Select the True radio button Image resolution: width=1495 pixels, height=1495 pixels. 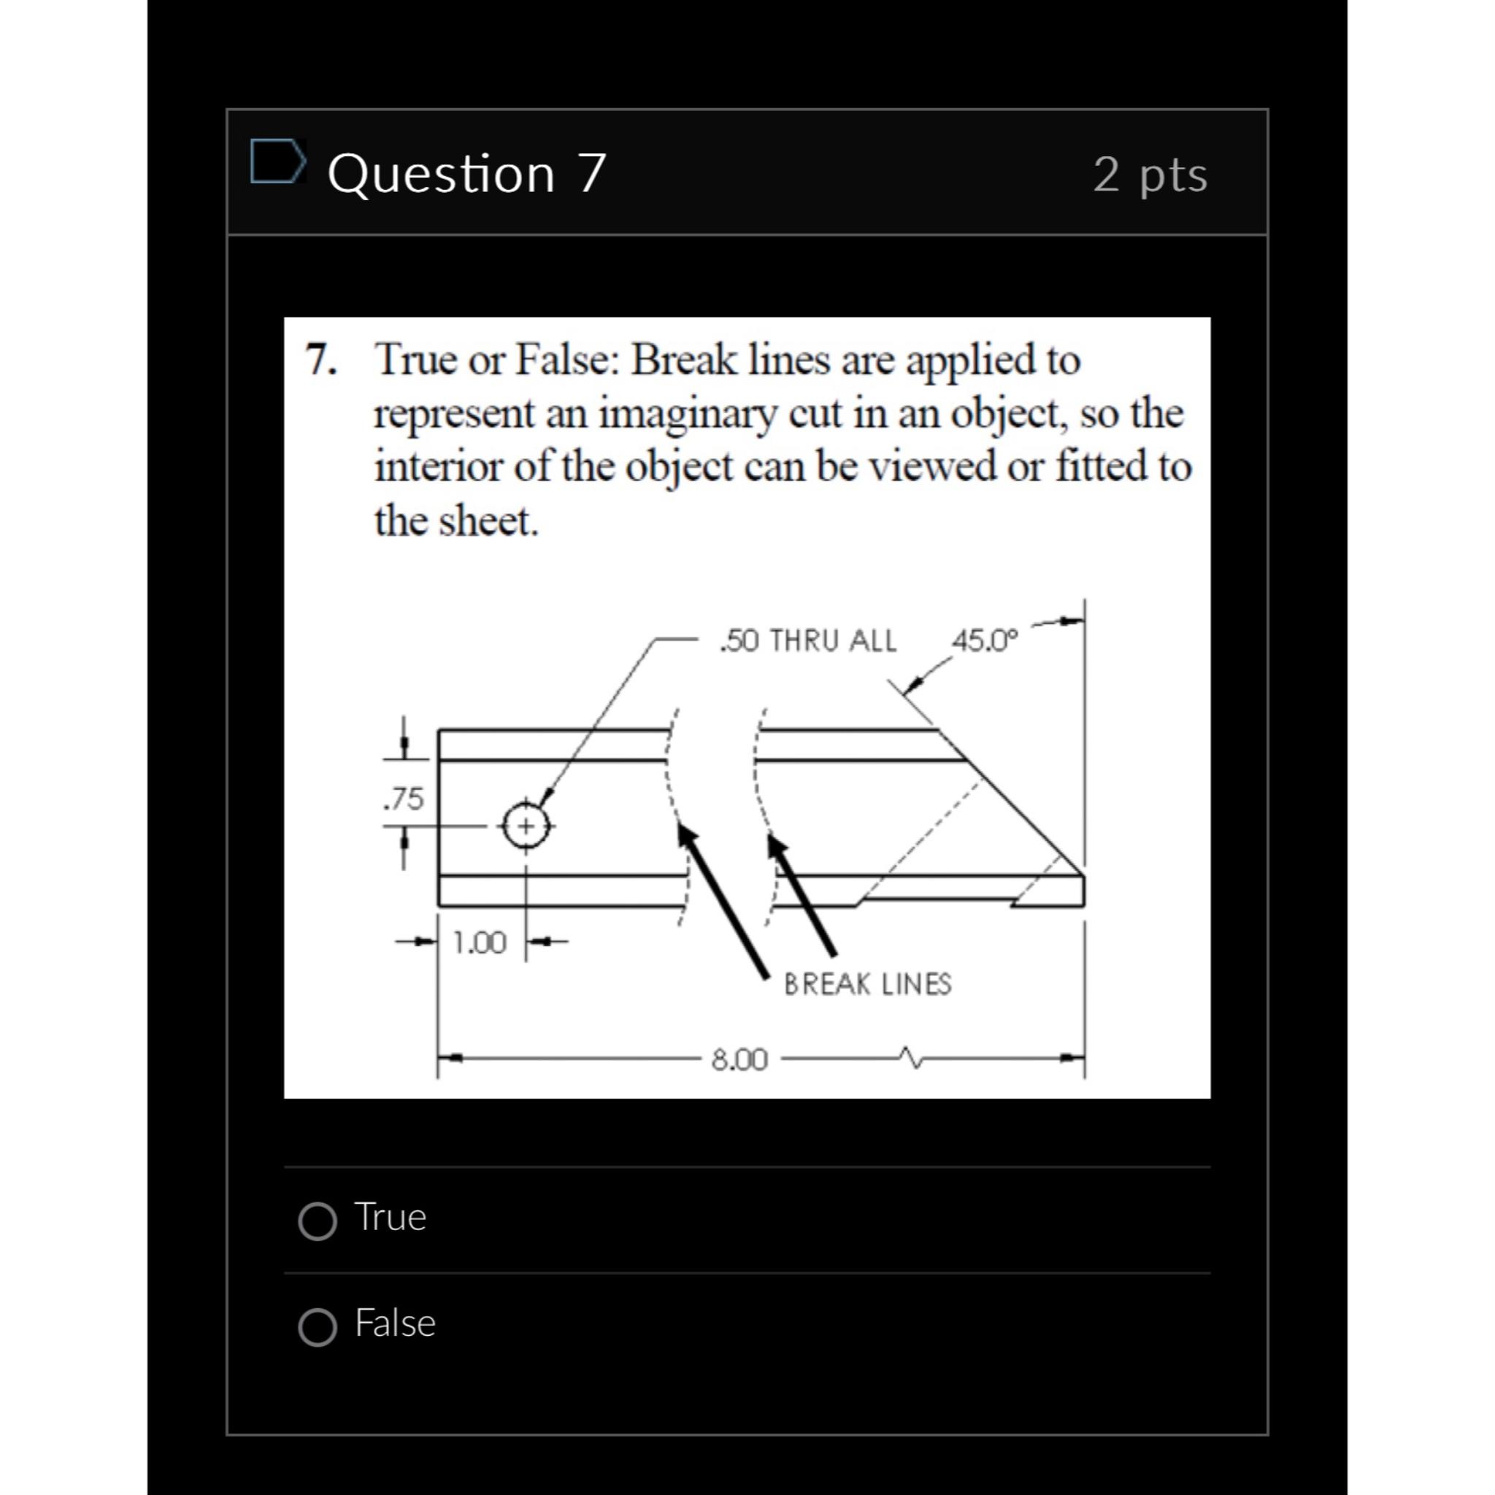(318, 1222)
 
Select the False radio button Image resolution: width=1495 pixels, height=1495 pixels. (318, 1328)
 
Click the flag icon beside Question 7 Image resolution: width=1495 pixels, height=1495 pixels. (276, 162)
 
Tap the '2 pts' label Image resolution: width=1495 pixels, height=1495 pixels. (1150, 174)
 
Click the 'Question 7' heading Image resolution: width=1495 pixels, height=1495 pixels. (466, 172)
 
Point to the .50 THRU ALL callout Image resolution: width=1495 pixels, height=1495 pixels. (808, 642)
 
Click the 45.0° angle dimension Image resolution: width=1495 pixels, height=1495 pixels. (985, 641)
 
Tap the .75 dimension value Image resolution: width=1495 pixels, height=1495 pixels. (404, 799)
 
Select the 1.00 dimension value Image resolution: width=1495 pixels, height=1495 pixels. (479, 942)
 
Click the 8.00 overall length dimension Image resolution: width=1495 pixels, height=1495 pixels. (739, 1059)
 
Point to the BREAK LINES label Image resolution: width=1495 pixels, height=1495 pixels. (867, 984)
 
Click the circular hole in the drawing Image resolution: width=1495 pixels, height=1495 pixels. (526, 826)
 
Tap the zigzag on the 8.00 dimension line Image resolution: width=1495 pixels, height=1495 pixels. (910, 1057)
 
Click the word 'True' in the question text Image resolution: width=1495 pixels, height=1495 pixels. (415, 360)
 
